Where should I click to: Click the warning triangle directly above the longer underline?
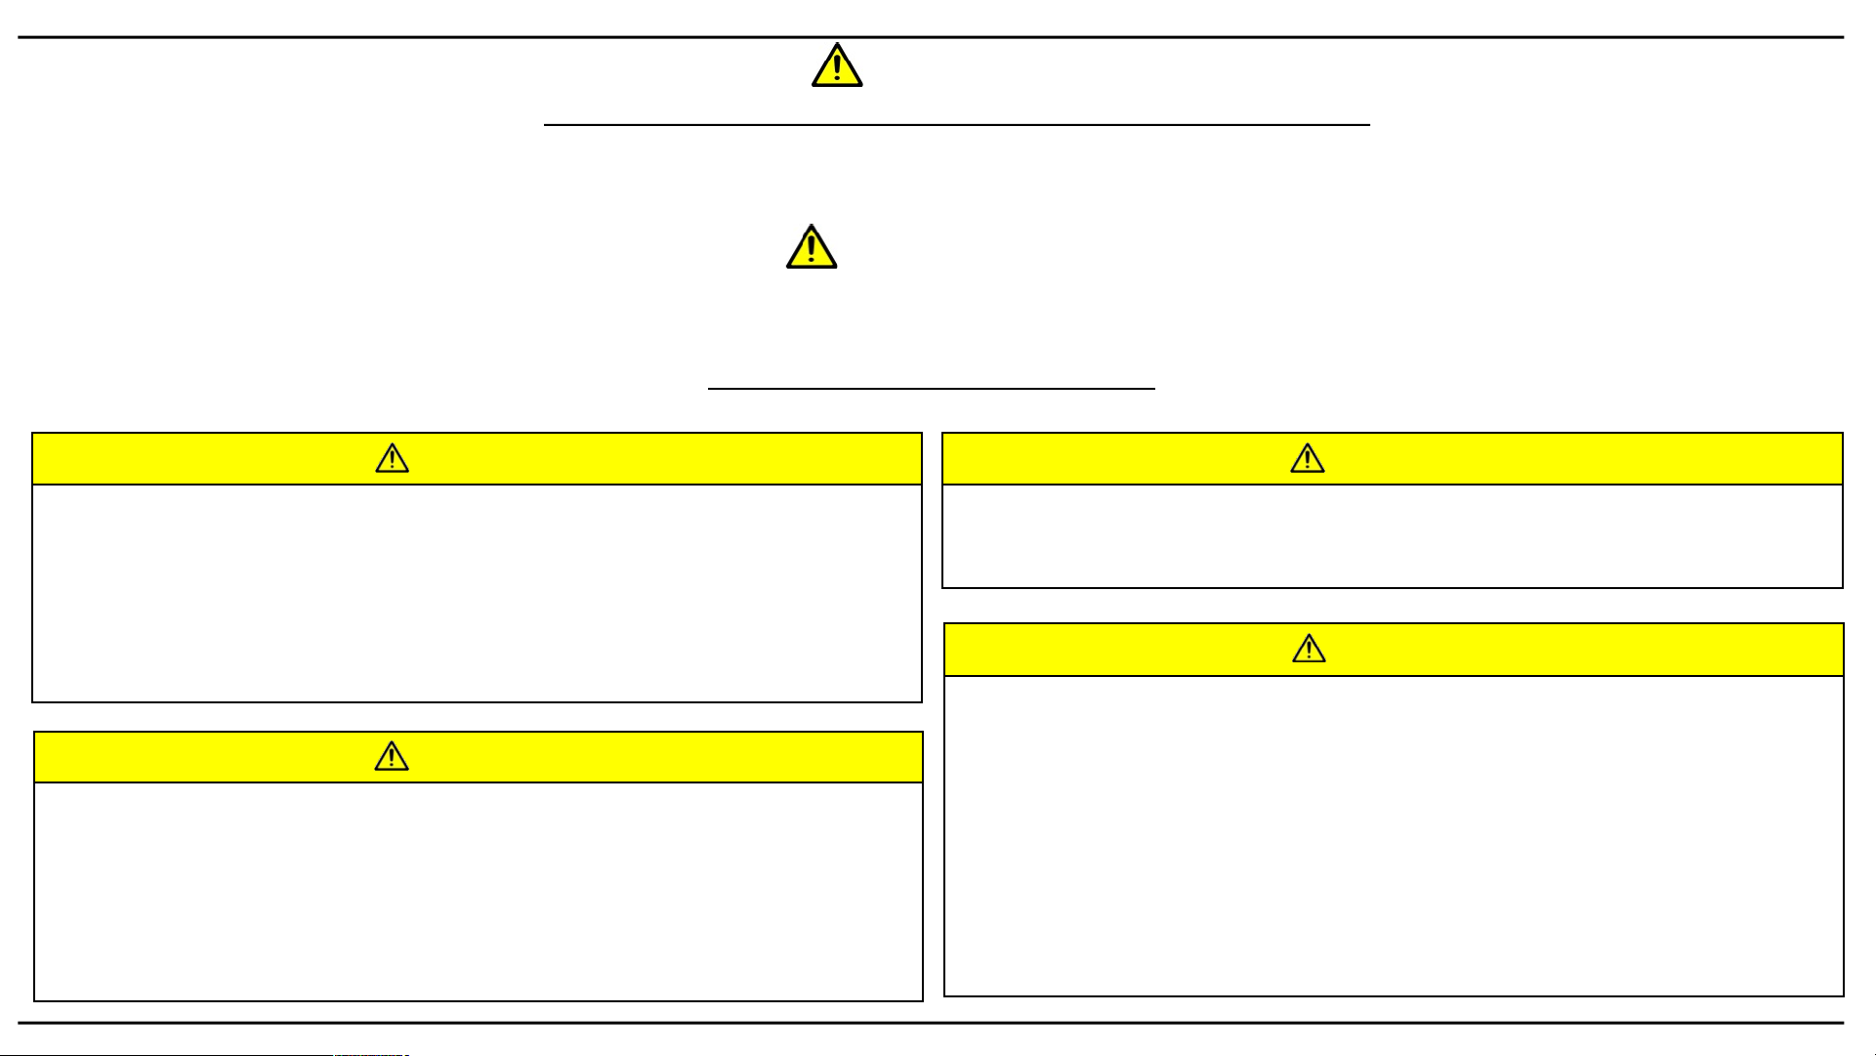pos(837,66)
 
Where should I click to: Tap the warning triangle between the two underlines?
pos(812,247)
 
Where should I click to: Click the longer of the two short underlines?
pos(957,125)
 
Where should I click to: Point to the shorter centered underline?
pos(931,389)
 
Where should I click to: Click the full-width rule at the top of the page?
pos(931,37)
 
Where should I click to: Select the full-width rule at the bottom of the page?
pos(931,1023)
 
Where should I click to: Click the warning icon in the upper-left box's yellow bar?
pos(392,459)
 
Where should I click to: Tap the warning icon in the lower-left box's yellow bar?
pos(392,757)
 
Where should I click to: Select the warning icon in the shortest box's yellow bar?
pos(1307,459)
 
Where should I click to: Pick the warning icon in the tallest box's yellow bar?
pos(1309,650)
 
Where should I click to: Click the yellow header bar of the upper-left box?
pos(635,459)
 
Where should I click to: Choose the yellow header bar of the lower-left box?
pos(635,757)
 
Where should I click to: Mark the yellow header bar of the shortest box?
pos(1563,459)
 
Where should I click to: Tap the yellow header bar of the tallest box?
pos(1563,650)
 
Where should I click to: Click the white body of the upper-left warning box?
pos(477,593)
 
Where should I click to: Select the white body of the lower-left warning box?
pos(479,891)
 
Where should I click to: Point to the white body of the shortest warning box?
pos(1392,536)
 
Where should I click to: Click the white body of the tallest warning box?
pos(1394,835)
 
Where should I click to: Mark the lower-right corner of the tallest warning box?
pos(1843,995)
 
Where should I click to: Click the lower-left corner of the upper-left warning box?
pos(33,701)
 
